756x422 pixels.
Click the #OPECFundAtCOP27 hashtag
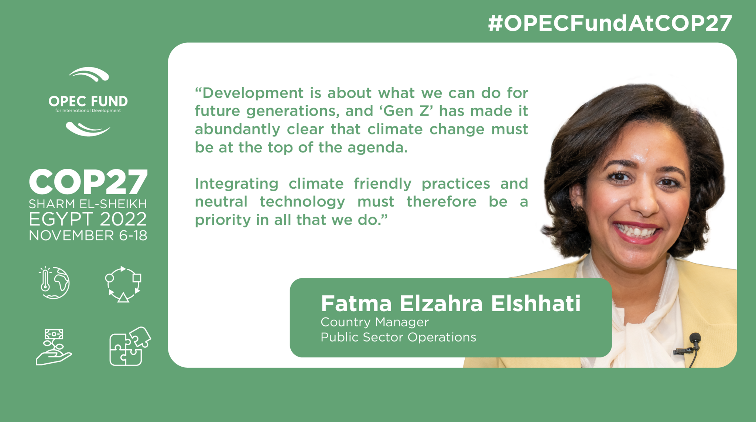(610, 23)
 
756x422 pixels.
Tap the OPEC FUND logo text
(88, 101)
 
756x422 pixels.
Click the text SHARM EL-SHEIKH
(88, 204)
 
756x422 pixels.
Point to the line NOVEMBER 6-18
(88, 236)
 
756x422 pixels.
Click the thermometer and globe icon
(54, 283)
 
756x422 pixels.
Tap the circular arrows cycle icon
(123, 284)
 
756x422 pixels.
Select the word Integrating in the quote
(236, 184)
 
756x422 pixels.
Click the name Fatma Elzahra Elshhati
(451, 303)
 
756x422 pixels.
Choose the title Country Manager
(374, 322)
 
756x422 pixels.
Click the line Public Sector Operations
(398, 337)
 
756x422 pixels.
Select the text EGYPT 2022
(88, 219)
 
